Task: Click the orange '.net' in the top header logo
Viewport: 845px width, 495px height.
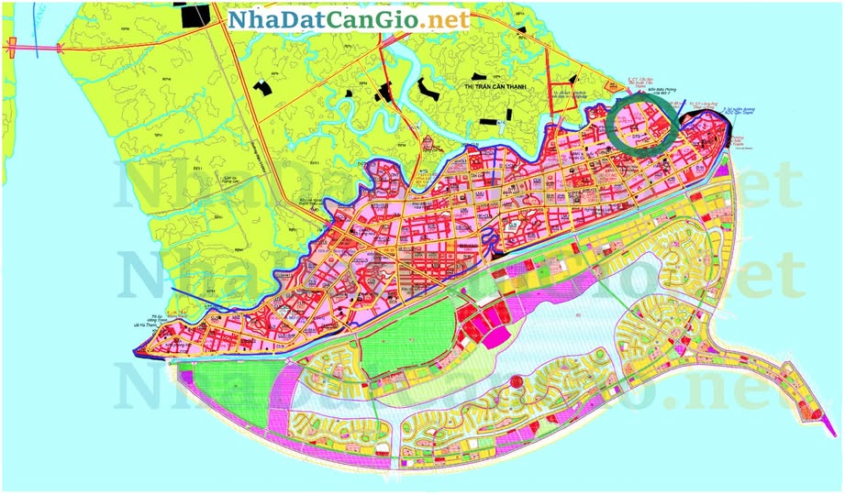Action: coord(447,19)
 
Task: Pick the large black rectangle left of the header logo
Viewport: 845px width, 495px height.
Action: coord(195,16)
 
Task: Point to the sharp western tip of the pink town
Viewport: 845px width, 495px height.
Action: coord(138,349)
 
